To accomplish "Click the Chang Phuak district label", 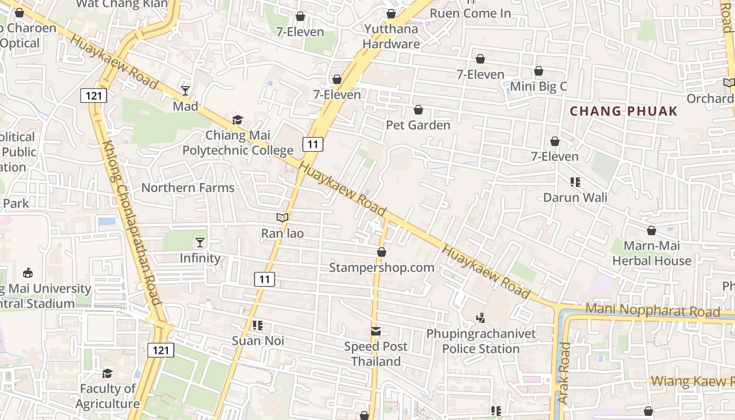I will pos(624,111).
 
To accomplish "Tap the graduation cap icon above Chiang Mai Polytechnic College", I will pos(238,120).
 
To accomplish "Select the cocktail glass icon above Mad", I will pos(185,91).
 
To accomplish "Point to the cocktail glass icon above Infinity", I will pos(200,242).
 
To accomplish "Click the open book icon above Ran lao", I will pos(282,217).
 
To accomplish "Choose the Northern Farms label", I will pos(188,187).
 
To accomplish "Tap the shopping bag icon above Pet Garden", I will pos(418,110).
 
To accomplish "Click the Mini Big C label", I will pos(539,86).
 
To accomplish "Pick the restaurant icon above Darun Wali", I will pos(575,182).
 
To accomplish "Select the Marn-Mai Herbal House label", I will pos(652,253).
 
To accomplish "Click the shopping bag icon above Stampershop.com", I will pos(382,253).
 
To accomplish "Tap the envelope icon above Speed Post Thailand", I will pos(376,331).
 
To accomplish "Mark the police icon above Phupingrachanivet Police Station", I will pos(480,318).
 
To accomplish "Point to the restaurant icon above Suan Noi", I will pos(258,325).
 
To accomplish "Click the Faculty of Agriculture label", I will pos(108,396).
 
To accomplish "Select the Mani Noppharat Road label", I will pos(653,310).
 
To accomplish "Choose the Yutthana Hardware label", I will pos(391,36).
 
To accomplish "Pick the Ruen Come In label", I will pos(470,13).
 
